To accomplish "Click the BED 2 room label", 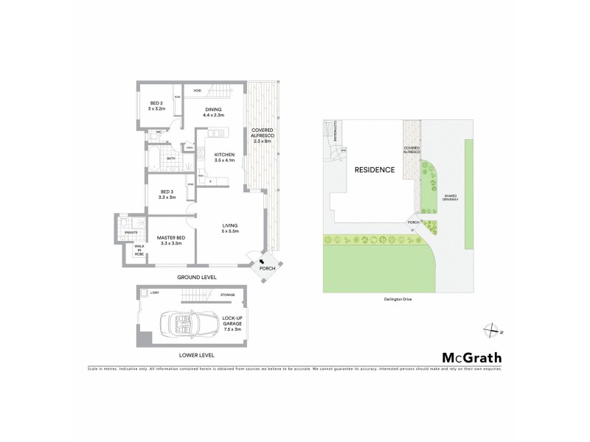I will point(156,105).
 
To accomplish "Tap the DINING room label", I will point(214,112).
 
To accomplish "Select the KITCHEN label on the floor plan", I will point(224,157).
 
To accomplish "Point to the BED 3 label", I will point(167,194).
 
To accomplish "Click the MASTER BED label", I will point(171,240).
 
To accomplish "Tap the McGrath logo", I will point(471,357).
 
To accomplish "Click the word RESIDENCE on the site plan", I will point(375,169).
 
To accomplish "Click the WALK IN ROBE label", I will point(138,250).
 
